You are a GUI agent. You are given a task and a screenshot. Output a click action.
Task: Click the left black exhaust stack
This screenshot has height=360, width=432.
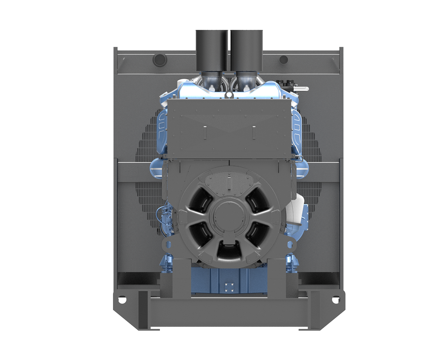212,50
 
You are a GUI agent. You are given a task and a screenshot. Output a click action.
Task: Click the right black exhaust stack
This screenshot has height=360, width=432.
247,50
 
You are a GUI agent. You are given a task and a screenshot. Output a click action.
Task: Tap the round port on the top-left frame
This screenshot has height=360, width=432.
158,59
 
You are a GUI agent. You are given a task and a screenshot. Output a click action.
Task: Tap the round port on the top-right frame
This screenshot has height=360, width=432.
284,59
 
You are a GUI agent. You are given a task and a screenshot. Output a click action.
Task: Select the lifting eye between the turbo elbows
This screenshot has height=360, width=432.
229,95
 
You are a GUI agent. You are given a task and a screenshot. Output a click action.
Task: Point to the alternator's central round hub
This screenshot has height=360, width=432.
229,216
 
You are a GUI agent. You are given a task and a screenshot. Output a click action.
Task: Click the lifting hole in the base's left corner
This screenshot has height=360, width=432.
122,299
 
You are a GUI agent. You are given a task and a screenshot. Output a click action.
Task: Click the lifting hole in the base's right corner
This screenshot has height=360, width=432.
336,299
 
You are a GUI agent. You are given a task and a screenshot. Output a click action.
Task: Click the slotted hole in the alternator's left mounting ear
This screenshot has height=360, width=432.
168,245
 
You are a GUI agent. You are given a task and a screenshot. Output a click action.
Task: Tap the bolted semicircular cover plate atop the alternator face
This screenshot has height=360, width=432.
229,182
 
